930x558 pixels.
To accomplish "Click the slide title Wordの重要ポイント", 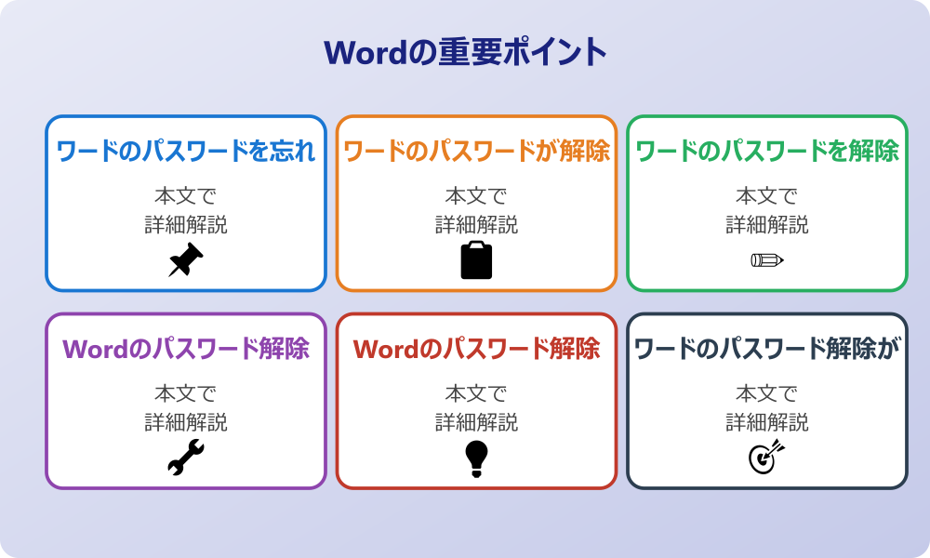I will click(x=465, y=52).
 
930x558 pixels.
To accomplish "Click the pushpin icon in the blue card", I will click(x=186, y=260).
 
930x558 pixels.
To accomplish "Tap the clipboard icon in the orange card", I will click(x=476, y=260).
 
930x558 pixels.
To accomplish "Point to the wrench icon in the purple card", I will click(x=186, y=458).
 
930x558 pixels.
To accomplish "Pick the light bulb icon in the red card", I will click(x=476, y=458).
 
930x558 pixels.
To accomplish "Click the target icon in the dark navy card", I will click(x=766, y=458).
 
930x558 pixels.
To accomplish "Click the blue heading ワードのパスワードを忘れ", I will click(x=186, y=152).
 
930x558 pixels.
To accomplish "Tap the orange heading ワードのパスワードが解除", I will click(x=476, y=152).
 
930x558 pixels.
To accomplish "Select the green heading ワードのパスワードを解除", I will click(x=766, y=152).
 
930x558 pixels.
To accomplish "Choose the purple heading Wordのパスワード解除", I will click(x=186, y=350).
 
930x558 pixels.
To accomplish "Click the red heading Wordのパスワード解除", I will click(x=476, y=350).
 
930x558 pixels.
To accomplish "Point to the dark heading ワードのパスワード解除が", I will click(x=766, y=350).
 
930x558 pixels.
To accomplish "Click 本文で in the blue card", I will click(x=186, y=196).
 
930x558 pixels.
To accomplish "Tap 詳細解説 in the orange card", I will click(x=476, y=224).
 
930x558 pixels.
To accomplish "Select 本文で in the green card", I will click(x=766, y=196).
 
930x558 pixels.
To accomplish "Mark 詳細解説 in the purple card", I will click(x=186, y=422).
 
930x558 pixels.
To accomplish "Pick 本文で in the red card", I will click(x=476, y=394).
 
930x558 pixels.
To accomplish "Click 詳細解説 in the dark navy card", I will click(x=766, y=422).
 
